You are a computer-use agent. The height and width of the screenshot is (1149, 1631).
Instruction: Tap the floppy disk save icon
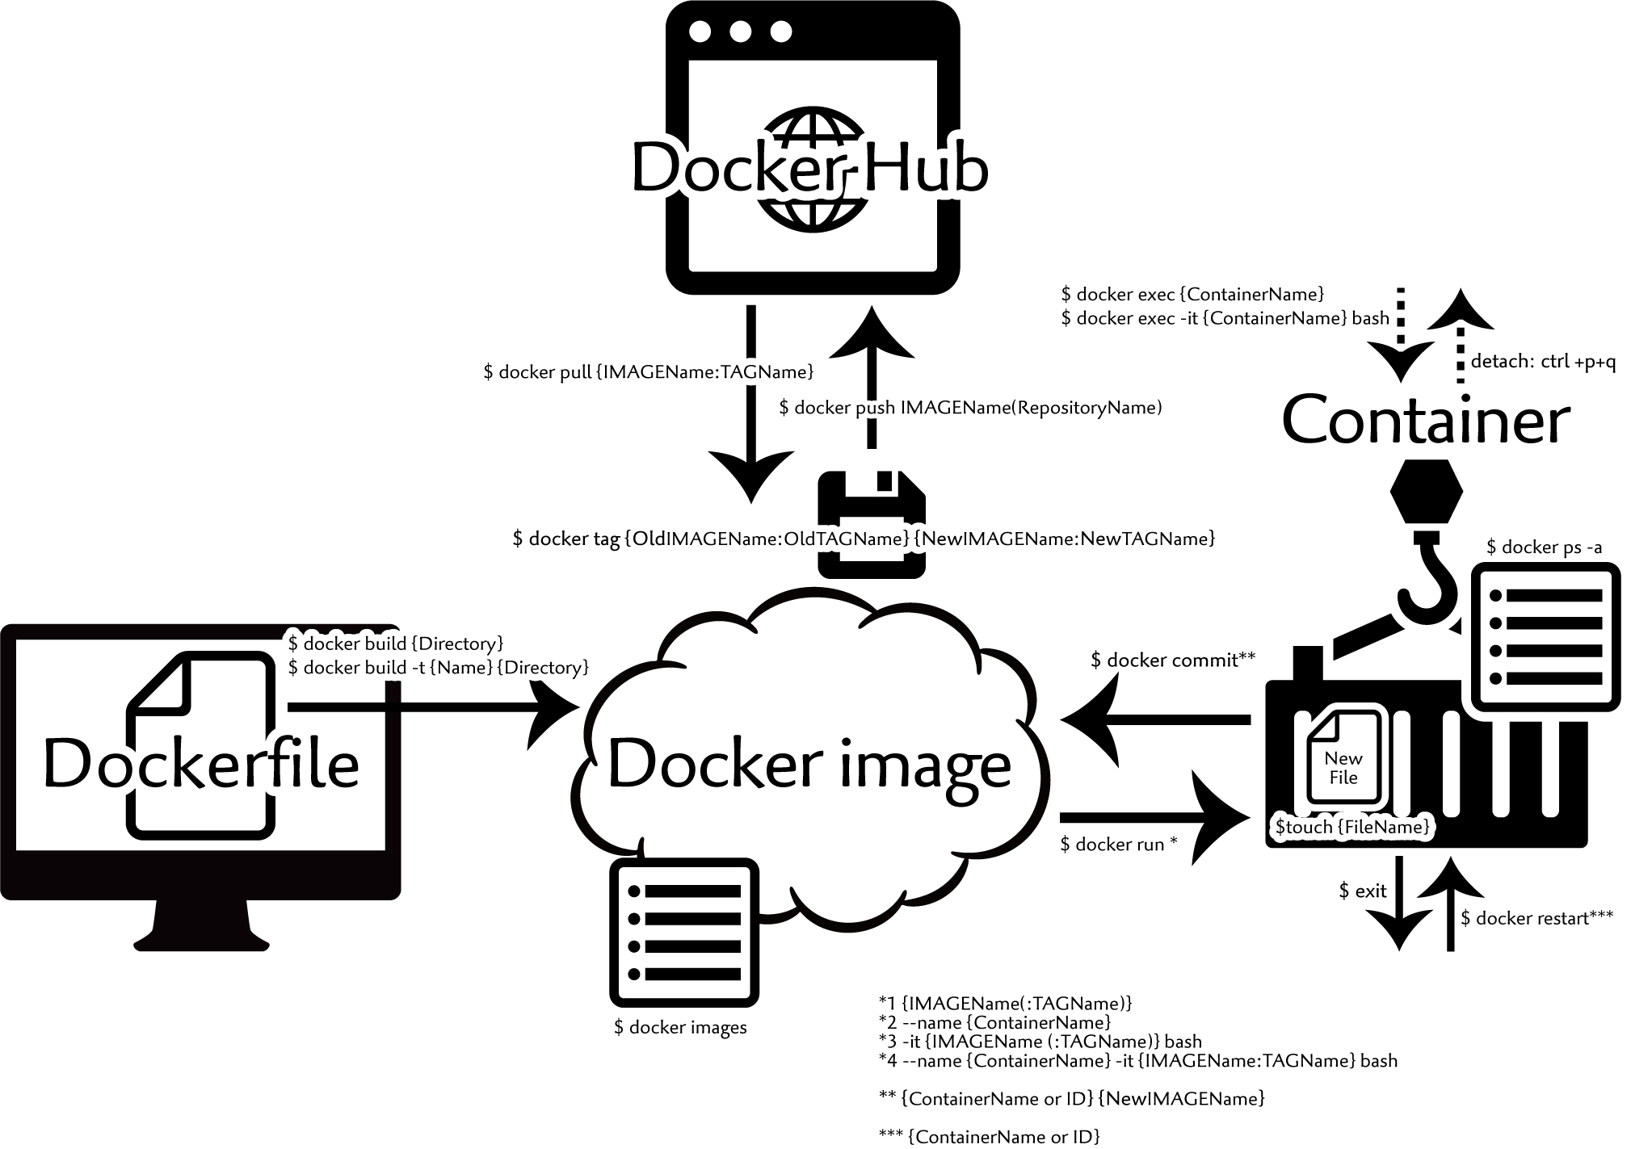(872, 524)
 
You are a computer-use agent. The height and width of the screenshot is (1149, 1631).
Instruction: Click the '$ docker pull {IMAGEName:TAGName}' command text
(649, 372)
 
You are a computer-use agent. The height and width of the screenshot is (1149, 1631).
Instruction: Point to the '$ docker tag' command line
(864, 539)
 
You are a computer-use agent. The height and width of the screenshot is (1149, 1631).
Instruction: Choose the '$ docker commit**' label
(1173, 660)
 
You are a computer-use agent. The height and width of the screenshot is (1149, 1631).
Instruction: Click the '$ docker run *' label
(1119, 845)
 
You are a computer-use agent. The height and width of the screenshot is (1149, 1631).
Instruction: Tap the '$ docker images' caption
(680, 1028)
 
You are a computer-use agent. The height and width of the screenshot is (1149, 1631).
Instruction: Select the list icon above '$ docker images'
(684, 932)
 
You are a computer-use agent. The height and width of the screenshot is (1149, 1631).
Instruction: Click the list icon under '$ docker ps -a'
(1545, 637)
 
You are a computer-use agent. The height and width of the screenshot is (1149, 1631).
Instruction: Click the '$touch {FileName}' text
(1352, 827)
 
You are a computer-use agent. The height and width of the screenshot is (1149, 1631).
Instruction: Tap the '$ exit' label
(1362, 891)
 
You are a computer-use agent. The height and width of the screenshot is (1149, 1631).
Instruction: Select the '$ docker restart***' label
(1536, 918)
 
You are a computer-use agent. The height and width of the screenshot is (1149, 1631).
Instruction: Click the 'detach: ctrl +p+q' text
(1543, 361)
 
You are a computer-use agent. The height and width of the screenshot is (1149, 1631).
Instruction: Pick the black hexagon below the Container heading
(1427, 492)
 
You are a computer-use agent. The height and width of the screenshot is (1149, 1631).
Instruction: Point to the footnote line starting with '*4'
(1137, 1060)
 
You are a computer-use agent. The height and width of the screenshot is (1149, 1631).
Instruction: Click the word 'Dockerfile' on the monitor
(201, 764)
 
